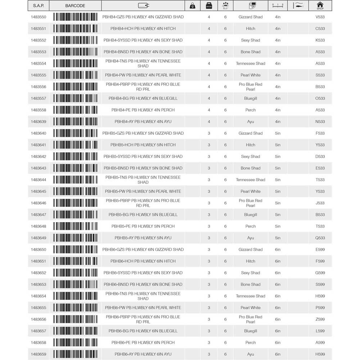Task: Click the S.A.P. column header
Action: [39, 6]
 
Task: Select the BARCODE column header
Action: [75, 6]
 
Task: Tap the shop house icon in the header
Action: [320, 5]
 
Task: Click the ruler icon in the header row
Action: [278, 5]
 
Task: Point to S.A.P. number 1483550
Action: [39, 17]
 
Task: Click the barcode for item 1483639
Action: [75, 122]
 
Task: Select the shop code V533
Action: [320, 17]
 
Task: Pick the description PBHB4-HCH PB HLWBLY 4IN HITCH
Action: [143, 28]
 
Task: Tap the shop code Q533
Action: [320, 238]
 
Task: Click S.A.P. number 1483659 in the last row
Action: [39, 354]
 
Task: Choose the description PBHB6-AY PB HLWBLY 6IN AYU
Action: [143, 354]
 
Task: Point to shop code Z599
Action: [320, 319]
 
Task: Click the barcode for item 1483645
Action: [75, 192]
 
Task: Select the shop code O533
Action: [320, 98]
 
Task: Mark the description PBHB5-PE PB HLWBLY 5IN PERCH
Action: [143, 226]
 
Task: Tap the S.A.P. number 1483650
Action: [39, 249]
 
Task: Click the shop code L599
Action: [320, 331]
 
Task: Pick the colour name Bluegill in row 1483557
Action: [251, 98]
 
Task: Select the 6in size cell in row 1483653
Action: [278, 284]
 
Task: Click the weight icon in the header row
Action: [192, 5]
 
